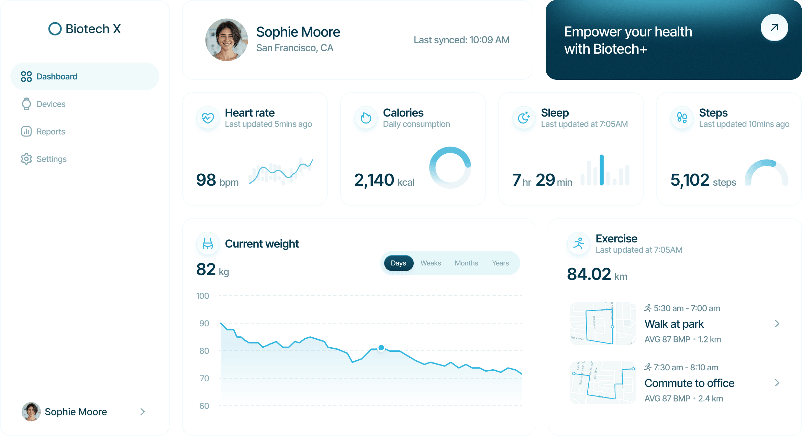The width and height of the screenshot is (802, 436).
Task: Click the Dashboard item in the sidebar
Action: point(57,76)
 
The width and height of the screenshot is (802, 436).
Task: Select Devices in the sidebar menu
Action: point(51,104)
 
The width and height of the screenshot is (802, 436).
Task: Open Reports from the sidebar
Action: point(51,131)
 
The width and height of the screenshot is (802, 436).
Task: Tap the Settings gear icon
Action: point(26,159)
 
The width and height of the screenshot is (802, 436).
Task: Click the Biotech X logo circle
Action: point(55,29)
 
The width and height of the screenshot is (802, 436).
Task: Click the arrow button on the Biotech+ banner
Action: point(774,28)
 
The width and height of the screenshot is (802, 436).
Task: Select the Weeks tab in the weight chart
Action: point(431,263)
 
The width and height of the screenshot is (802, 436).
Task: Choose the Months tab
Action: point(466,263)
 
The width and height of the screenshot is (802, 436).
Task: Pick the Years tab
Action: point(500,263)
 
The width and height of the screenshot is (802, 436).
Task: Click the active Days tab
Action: point(399,263)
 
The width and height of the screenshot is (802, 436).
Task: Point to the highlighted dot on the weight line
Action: point(381,348)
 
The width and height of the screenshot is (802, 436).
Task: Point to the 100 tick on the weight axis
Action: point(203,296)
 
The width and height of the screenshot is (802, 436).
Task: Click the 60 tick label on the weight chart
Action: point(204,406)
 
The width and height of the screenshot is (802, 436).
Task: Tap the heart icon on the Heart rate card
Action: point(208,118)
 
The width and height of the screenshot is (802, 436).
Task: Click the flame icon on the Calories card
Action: point(366,118)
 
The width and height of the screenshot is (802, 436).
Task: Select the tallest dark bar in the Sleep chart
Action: point(602,170)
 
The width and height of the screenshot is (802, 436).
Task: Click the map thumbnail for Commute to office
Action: point(603,382)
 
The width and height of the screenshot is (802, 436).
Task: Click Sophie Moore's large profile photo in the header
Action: point(226,40)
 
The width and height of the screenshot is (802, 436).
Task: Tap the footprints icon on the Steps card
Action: point(682,118)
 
